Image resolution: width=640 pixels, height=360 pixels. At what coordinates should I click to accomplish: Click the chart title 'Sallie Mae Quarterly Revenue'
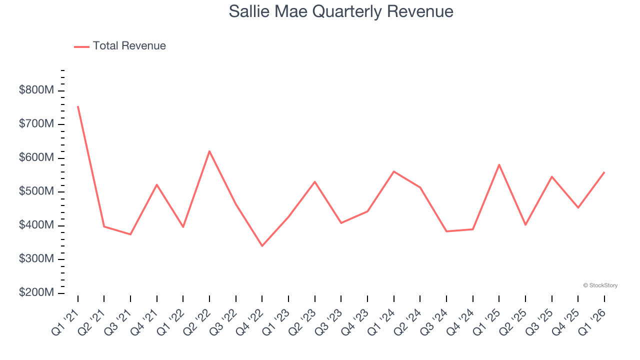click(341, 11)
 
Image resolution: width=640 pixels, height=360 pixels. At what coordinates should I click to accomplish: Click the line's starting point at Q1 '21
click(78, 106)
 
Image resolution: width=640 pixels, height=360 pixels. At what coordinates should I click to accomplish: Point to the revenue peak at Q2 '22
click(209, 151)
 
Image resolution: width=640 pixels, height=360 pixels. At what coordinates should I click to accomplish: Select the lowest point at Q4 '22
click(262, 246)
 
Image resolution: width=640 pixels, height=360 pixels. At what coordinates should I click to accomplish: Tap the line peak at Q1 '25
click(499, 164)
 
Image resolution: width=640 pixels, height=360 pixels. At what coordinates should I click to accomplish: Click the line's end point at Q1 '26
click(604, 172)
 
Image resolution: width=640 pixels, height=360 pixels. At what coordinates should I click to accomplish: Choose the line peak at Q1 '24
click(394, 171)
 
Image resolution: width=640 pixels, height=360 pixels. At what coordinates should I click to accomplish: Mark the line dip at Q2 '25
click(525, 225)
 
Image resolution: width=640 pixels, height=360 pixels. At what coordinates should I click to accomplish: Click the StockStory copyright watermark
click(600, 285)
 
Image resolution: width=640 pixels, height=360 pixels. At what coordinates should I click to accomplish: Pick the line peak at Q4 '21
click(157, 184)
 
